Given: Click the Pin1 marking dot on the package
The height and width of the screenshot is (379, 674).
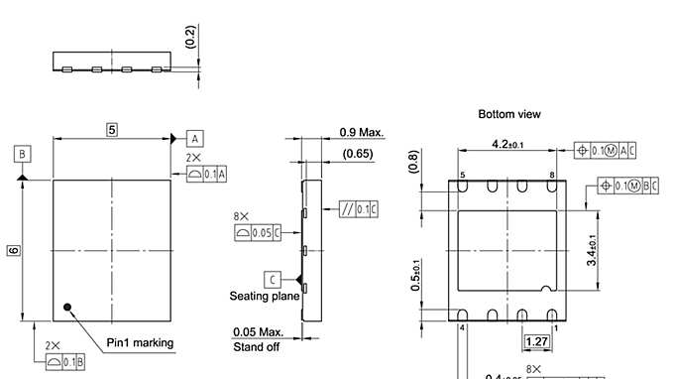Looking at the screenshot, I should click(67, 307).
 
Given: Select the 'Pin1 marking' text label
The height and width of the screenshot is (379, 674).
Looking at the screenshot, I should click(140, 343).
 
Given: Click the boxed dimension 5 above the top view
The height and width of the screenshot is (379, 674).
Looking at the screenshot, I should click(112, 130).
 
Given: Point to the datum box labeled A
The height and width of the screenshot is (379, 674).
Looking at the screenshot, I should click(194, 138).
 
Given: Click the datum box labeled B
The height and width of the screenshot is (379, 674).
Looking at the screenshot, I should click(22, 153).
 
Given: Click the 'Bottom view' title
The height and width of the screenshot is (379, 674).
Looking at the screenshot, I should click(509, 114).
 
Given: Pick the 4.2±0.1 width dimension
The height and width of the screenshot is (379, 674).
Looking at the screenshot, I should click(507, 145).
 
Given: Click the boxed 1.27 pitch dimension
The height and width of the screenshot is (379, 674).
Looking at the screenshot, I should click(536, 342).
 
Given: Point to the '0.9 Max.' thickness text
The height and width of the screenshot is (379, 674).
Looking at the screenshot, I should click(362, 132).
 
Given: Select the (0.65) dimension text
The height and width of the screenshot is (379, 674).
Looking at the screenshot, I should click(357, 154).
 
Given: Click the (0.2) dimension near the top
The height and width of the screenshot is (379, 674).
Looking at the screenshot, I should click(190, 38).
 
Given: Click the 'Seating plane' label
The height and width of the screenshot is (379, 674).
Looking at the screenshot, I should click(265, 296).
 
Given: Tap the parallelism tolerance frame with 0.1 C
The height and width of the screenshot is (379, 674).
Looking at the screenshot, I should click(359, 208).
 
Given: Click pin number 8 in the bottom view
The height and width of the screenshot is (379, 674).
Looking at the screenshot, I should click(551, 175).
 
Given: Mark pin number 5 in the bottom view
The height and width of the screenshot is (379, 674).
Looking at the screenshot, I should click(463, 175).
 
